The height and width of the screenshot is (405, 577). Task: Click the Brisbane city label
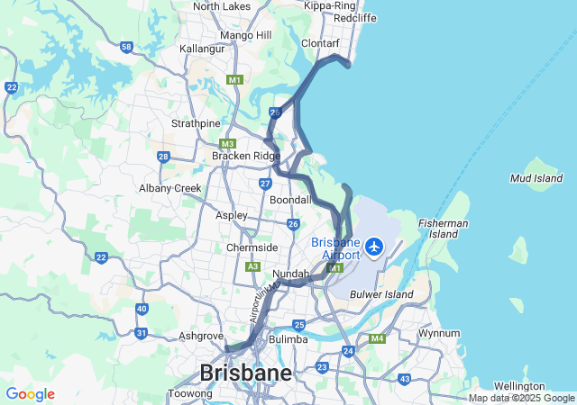click(245, 373)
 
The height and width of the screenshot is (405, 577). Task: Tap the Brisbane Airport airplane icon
click(373, 246)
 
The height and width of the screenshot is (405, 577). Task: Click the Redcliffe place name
click(355, 18)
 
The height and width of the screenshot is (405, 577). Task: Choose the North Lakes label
click(221, 6)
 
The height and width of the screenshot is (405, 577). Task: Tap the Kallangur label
click(201, 48)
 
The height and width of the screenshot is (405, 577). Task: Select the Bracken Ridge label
click(246, 156)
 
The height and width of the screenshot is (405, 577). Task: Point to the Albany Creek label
click(170, 188)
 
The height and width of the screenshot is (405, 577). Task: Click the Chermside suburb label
click(252, 247)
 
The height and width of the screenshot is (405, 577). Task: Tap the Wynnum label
click(440, 334)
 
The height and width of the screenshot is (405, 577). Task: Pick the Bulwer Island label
click(380, 293)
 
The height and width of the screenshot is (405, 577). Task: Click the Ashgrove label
click(200, 336)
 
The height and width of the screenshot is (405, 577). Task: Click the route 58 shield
click(126, 47)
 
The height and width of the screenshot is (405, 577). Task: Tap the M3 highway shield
click(227, 144)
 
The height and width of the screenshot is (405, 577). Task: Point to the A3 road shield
click(253, 266)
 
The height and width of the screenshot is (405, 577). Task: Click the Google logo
click(30, 394)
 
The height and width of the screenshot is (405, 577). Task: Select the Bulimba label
click(288, 340)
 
